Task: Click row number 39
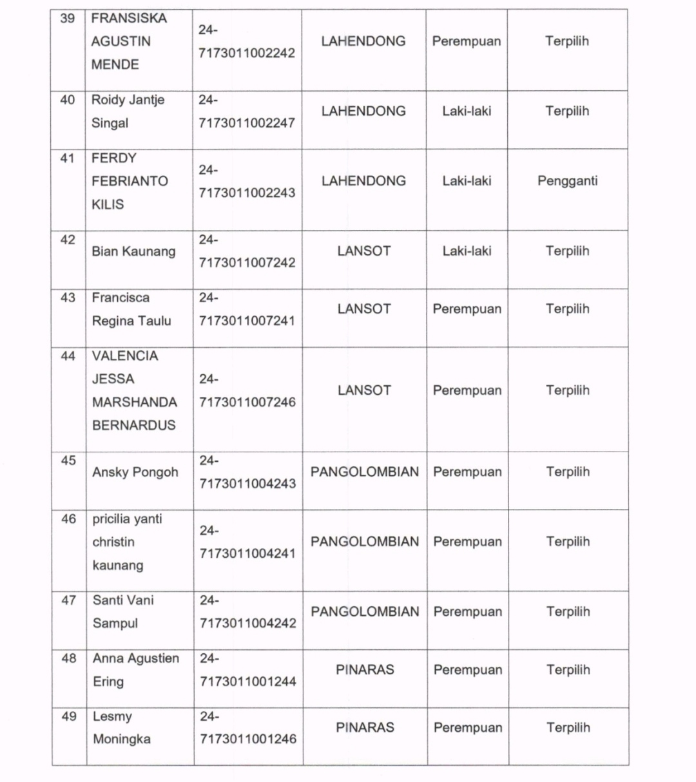coord(68,18)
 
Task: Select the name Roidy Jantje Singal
coord(128,111)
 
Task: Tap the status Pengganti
coord(567,181)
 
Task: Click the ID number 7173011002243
coord(247,193)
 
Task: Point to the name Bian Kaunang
coord(133,251)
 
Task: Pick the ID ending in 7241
coord(247,321)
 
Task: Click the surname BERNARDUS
coord(133,425)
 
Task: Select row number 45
coord(68,461)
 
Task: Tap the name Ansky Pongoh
coord(135,472)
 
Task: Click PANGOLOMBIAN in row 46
coord(365,542)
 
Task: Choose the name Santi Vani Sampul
coord(123,612)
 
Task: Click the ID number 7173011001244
coord(247,682)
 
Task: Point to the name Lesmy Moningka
coord(121,728)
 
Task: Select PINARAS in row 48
coord(365,670)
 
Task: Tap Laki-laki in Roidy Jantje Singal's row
coord(467,111)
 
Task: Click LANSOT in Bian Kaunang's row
coord(364,251)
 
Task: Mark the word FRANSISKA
coord(129,18)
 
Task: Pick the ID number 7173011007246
coord(247,402)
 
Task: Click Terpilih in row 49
coord(568,728)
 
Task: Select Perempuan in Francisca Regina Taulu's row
coord(467,309)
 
